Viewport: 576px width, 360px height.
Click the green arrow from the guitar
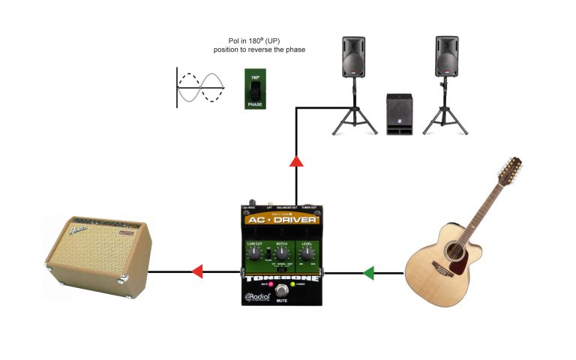click(x=368, y=273)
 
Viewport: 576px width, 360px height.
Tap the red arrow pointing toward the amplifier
click(x=196, y=271)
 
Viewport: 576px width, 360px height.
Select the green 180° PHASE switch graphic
click(x=254, y=89)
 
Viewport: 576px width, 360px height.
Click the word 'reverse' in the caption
click(x=265, y=49)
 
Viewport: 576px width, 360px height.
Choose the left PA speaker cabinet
click(x=355, y=56)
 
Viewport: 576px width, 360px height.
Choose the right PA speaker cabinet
click(x=446, y=56)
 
